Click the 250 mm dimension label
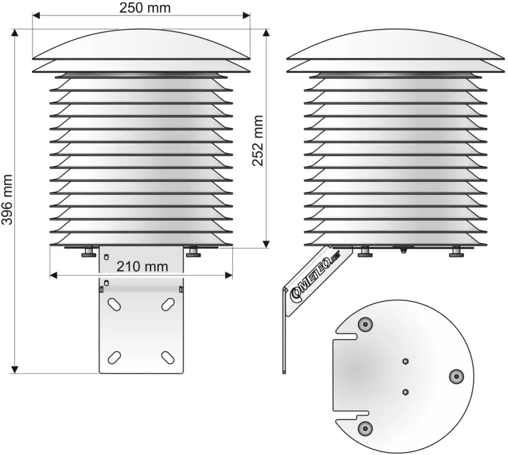point(145,8)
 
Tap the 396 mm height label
point(7,200)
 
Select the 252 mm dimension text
point(258,140)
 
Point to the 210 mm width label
point(142,267)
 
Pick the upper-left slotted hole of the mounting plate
point(114,305)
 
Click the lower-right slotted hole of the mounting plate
point(168,357)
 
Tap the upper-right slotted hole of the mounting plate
point(168,305)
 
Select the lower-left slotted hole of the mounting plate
point(114,357)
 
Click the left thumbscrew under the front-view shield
point(89,252)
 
